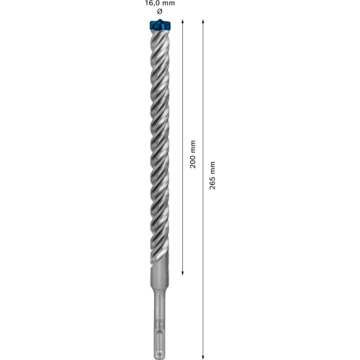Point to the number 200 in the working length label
[192, 163]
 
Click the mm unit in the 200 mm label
[192, 145]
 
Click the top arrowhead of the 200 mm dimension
[183, 24]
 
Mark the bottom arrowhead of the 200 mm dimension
[183, 272]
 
